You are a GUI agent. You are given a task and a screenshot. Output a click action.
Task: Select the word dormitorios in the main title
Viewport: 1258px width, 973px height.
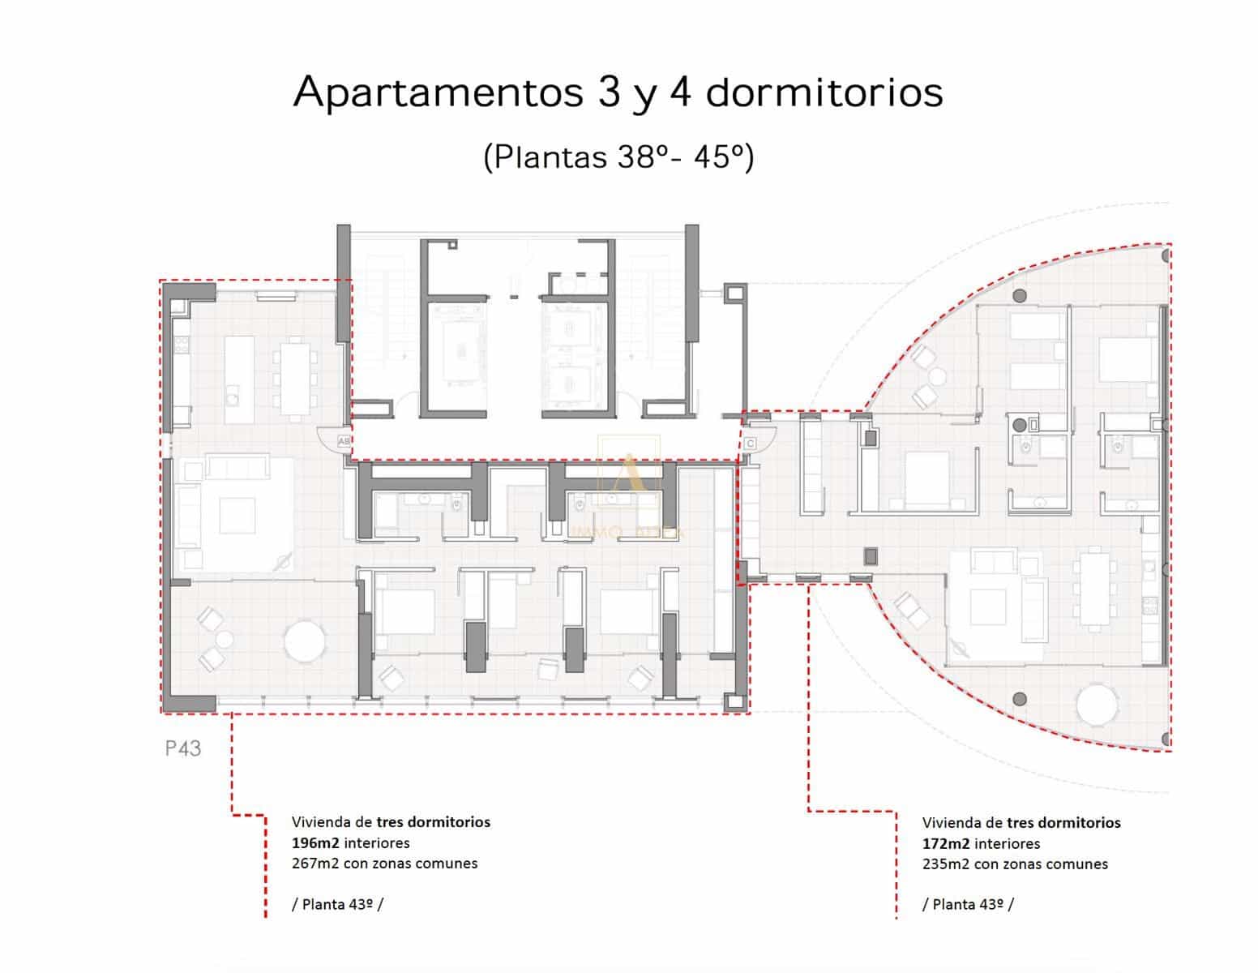(x=824, y=92)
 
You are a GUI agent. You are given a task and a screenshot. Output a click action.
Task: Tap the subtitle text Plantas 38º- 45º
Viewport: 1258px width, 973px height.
(x=618, y=156)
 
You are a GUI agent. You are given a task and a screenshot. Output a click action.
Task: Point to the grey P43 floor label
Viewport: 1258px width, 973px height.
(x=183, y=748)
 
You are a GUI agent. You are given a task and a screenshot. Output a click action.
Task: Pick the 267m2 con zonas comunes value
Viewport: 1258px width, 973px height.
(x=384, y=864)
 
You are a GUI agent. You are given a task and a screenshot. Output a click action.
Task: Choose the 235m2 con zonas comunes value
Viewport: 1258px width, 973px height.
(x=1015, y=864)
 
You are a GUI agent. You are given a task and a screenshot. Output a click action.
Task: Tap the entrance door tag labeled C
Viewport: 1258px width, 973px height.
(x=750, y=444)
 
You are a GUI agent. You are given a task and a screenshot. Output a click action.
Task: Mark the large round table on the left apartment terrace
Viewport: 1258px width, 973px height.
(x=305, y=642)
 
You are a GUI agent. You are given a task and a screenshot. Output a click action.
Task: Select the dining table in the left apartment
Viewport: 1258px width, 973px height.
(x=293, y=377)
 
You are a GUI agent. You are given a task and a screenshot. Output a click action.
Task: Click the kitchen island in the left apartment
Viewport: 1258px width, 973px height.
(x=238, y=379)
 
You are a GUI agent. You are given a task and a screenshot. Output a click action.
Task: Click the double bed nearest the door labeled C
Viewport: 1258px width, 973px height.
(x=926, y=479)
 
